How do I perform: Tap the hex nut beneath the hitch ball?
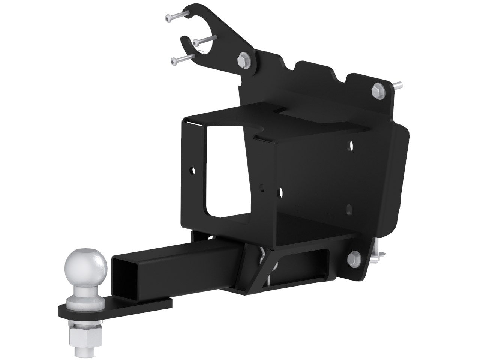pos(78,324)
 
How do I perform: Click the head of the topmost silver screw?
pos(167,17)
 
